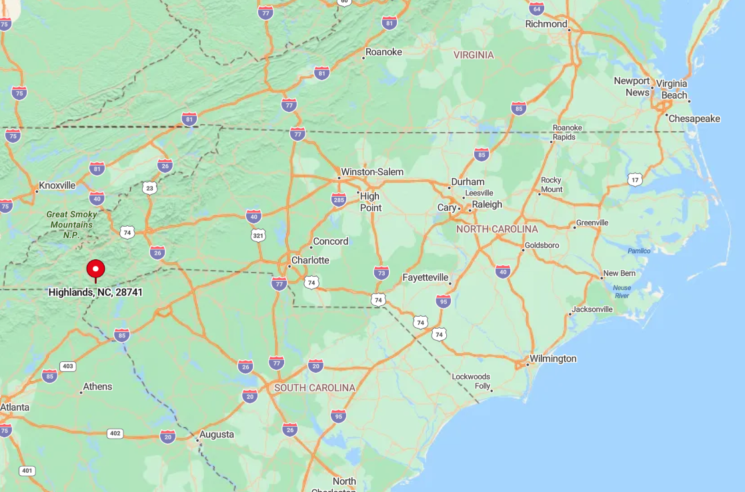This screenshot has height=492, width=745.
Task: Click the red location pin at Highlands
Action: coord(96,269)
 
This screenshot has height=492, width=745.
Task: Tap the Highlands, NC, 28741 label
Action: coord(95,292)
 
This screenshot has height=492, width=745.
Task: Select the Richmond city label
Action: coord(546,24)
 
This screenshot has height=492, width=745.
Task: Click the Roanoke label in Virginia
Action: coord(384,52)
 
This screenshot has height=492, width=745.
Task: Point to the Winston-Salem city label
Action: coord(371,172)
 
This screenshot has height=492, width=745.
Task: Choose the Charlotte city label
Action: coord(310,260)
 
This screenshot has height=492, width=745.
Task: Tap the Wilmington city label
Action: coord(552,359)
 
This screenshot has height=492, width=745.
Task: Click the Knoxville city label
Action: coord(57,185)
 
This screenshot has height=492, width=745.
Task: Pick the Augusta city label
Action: coord(216,435)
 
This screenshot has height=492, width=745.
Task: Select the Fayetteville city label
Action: coord(426,277)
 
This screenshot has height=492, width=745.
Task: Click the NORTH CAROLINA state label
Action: coord(497,229)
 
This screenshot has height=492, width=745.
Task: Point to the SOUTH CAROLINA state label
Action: coord(315,388)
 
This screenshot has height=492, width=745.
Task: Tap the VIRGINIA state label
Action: coord(474,55)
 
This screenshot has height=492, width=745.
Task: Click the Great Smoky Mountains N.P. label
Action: coord(71,225)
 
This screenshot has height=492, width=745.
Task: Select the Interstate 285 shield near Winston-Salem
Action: coord(339,199)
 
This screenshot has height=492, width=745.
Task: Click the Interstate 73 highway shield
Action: coord(382,272)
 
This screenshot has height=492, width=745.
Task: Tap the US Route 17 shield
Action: coord(635,179)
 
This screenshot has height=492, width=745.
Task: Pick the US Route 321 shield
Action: coord(259,235)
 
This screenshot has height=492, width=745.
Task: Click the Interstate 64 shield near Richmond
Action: coord(536,9)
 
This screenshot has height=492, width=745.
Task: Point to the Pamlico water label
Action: coord(638,251)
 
